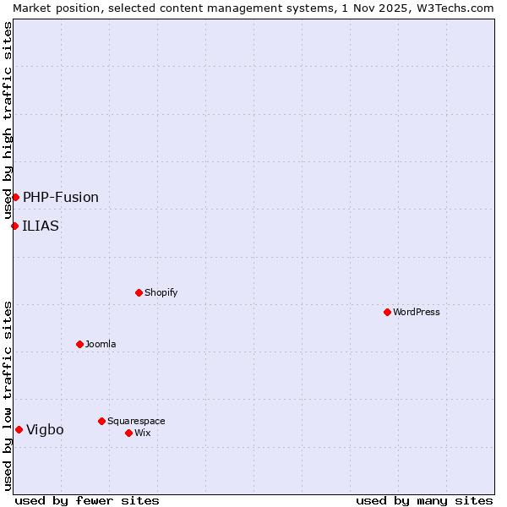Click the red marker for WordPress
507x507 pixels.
387,312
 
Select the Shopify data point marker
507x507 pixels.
139,292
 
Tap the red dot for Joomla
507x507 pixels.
79,344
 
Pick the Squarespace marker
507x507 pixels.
101,421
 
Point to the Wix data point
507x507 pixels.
128,433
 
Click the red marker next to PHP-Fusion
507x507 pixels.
15,197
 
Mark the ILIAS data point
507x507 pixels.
14,226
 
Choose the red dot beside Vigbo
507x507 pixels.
19,429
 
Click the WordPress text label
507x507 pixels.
417,312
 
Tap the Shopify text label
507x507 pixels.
161,292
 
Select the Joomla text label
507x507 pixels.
101,344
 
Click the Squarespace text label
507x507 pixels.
136,421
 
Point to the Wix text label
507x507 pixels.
142,433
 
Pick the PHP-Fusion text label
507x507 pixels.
61,197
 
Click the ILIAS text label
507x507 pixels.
41,226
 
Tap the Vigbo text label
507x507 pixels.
45,429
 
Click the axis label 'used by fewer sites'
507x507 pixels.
87,500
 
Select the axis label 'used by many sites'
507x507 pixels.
424,500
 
